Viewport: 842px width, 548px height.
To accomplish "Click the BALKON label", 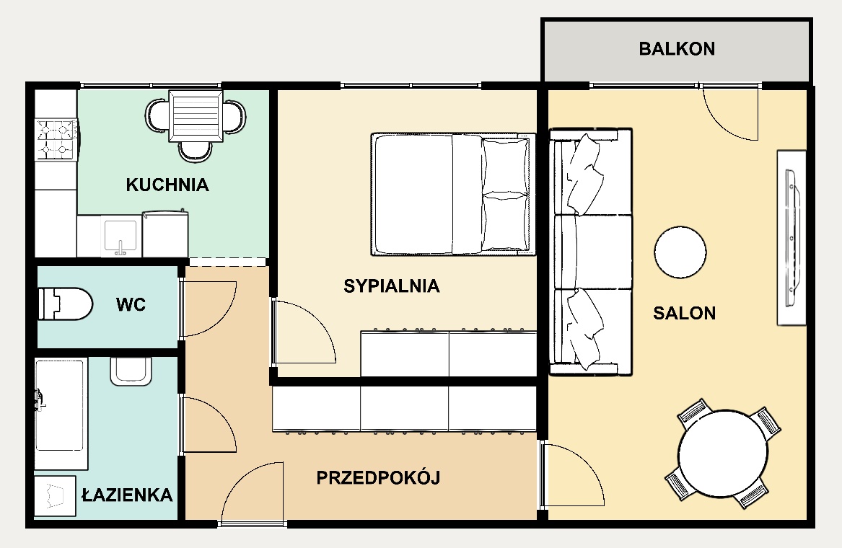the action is coord(677,49).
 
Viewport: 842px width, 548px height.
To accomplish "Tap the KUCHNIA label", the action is coord(167,185).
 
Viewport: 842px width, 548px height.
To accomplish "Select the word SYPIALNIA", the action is coord(392,286).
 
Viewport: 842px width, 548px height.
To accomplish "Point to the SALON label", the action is coord(684,313).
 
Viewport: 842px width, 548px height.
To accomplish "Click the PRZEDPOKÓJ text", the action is coord(378,477).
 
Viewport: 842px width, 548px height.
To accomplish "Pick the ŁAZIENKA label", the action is coord(127,495).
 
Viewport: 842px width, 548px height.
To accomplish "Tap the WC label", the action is coord(131,305).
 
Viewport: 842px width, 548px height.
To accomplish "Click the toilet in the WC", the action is coord(65,304).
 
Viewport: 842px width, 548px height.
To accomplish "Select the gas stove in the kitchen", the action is coord(56,140).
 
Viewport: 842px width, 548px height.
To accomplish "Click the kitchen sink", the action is coord(120,237).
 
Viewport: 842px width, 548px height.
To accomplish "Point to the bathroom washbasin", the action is coord(131,371).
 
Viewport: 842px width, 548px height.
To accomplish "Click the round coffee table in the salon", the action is coord(680,252).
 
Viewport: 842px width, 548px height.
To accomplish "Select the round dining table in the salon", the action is coord(723,454).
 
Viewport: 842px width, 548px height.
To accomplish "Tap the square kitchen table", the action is coord(196,116).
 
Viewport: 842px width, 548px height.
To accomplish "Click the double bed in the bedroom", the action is coord(453,194).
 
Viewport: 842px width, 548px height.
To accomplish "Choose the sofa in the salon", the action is coord(591,251).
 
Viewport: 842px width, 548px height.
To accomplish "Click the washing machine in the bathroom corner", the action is coord(55,496).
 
